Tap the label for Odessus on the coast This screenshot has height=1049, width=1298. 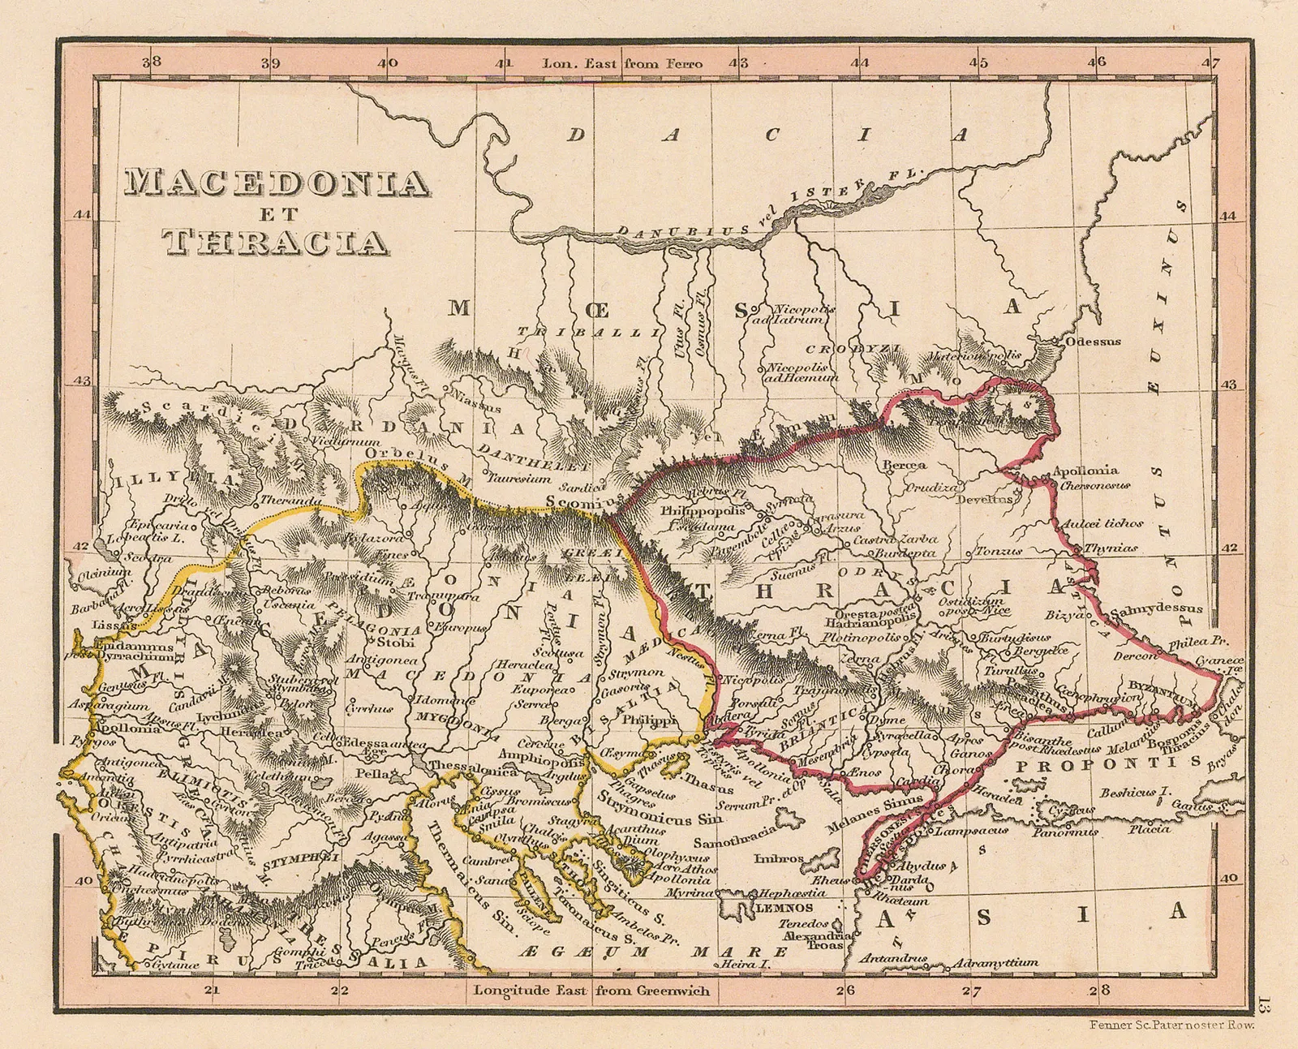point(1093,342)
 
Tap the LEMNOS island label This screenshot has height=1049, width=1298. point(784,908)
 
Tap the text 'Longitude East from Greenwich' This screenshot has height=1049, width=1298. point(591,990)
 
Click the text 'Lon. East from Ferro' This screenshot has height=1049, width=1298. point(622,63)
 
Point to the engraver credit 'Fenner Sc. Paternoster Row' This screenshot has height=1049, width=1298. point(1171,1025)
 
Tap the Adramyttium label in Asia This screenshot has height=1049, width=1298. point(995,962)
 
